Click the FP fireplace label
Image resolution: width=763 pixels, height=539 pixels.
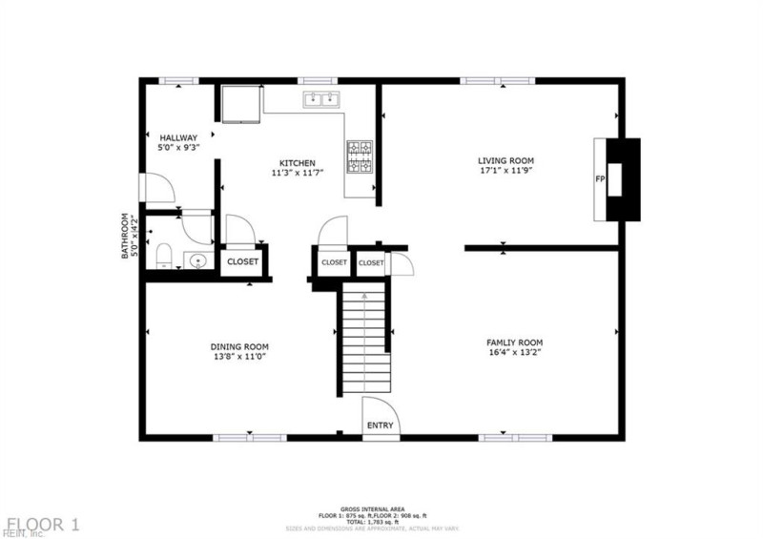pyautogui.click(x=601, y=179)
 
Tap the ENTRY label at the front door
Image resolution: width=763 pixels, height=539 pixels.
pyautogui.click(x=380, y=425)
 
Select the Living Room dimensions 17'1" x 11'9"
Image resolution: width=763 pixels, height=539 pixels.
pyautogui.click(x=505, y=173)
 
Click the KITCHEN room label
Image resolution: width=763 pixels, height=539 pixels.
pyautogui.click(x=297, y=162)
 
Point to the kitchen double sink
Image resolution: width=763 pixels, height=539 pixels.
pyautogui.click(x=320, y=98)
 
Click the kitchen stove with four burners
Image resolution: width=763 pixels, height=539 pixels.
pyautogui.click(x=359, y=156)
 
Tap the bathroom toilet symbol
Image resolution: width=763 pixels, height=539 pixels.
pyautogui.click(x=163, y=254)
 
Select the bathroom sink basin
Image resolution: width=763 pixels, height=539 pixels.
pyautogui.click(x=198, y=260)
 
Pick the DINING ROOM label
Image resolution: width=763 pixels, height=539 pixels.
pyautogui.click(x=239, y=346)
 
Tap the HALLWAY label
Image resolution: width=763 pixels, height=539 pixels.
pyautogui.click(x=178, y=137)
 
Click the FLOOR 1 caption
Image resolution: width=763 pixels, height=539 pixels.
pyautogui.click(x=44, y=524)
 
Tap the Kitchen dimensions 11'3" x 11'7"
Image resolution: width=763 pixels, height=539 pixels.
pyautogui.click(x=297, y=173)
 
